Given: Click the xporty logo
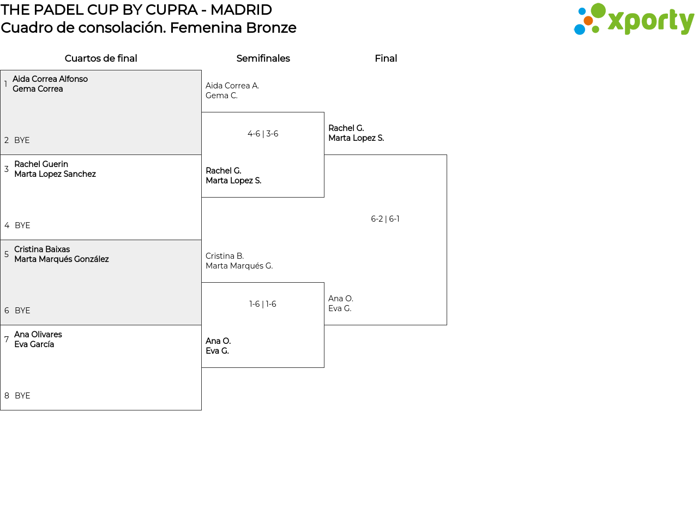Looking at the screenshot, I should [634, 20].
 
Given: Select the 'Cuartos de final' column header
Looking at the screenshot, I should [101, 58].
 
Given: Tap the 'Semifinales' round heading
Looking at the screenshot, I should [263, 58].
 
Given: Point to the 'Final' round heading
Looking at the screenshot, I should [386, 58].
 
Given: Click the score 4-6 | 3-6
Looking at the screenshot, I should [263, 134].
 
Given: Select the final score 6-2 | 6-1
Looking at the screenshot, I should [385, 219].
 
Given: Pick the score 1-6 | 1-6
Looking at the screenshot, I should [263, 304].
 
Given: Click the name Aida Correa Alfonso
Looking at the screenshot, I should [50, 79].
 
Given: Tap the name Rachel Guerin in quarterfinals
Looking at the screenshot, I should [41, 164].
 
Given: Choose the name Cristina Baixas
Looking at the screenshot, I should [42, 249].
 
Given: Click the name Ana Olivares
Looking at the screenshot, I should [38, 335].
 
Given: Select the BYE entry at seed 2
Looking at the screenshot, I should [22, 140].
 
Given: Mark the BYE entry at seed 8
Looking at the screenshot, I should [22, 396].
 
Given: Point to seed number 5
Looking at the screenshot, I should [7, 254].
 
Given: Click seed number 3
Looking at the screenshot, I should [7, 169].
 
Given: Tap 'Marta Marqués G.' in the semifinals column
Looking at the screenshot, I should [239, 266].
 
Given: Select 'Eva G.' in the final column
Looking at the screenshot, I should [340, 308].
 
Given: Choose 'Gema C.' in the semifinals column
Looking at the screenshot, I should [221, 96].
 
